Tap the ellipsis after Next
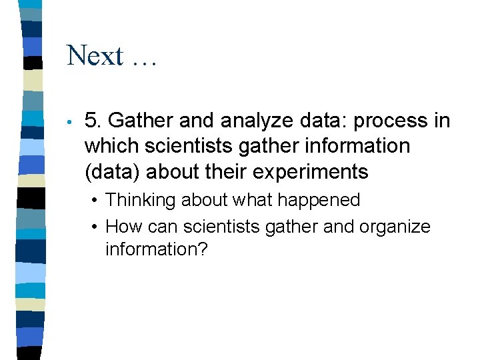click(x=143, y=60)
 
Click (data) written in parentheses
click(x=113, y=171)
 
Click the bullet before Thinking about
click(x=97, y=201)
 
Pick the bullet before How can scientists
click(x=97, y=227)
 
